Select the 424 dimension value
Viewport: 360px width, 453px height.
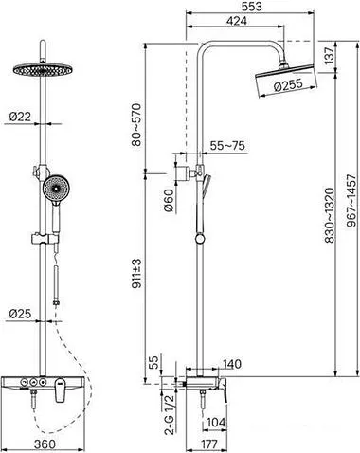tap(237, 21)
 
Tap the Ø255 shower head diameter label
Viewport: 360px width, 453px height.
tap(288, 84)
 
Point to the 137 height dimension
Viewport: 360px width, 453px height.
tap(329, 56)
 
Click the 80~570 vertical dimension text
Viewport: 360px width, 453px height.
tap(136, 124)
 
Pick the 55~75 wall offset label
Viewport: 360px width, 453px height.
tap(227, 146)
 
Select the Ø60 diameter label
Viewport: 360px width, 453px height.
tap(169, 200)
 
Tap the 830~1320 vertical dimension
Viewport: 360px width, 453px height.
tap(329, 215)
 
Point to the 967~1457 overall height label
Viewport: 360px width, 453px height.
tap(351, 201)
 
